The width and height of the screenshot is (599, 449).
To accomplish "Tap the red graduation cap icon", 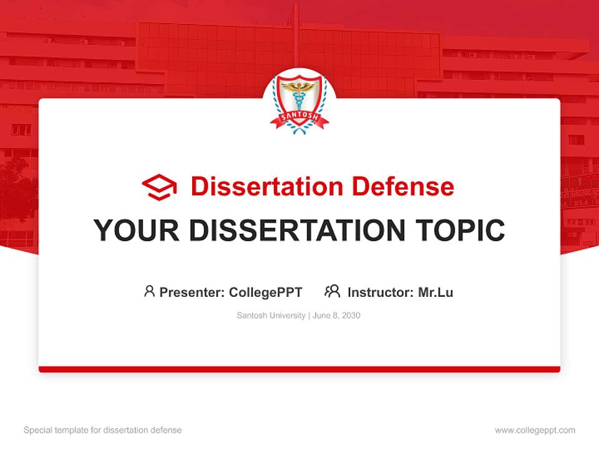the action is (x=159, y=187).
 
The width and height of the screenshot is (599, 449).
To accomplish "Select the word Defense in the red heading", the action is (x=402, y=186).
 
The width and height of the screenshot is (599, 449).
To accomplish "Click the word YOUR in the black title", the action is (x=137, y=230).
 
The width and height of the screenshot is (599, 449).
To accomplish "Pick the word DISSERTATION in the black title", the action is (x=297, y=230).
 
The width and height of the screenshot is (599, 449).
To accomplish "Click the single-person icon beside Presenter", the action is (x=149, y=291).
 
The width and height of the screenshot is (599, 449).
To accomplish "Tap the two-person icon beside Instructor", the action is (x=333, y=291).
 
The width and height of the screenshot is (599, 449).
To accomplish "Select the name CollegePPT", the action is (x=266, y=292).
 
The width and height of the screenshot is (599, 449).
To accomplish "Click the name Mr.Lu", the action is (x=436, y=292).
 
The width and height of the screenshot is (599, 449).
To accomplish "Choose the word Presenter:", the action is (x=192, y=292).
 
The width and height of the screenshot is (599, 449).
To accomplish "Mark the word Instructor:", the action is (x=381, y=292).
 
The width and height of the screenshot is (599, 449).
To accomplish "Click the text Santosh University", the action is (x=271, y=316).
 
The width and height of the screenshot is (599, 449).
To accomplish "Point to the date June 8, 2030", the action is (x=336, y=316).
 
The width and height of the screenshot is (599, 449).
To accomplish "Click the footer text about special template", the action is (x=103, y=430).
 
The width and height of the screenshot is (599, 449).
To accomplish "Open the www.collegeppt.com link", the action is (x=535, y=430).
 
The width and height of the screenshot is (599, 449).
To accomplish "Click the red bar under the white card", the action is (x=299, y=369).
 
